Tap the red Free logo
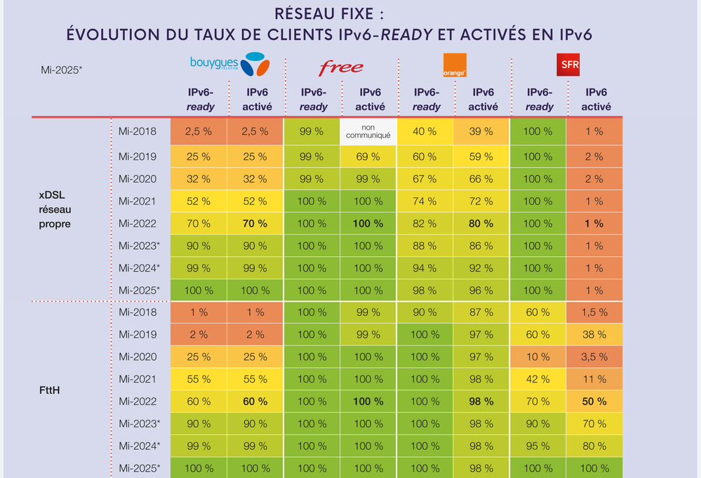(341, 67)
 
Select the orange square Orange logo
(455, 65)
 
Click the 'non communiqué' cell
(369, 131)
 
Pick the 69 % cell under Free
(369, 157)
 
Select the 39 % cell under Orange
(483, 131)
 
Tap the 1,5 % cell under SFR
(594, 312)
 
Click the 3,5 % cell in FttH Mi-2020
(594, 357)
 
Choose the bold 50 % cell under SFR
(594, 401)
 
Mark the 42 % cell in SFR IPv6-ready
(538, 379)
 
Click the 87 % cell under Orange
(483, 312)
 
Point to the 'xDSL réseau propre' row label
(55, 209)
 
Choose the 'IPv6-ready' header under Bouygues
(200, 100)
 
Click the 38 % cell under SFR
(594, 335)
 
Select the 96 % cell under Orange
(483, 291)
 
